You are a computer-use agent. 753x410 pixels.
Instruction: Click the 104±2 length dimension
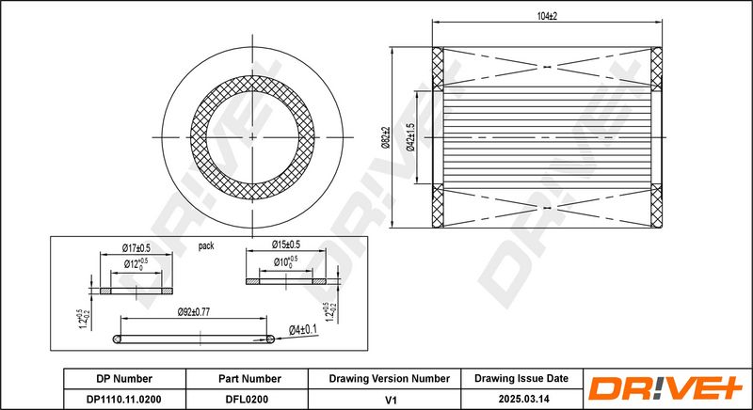click(x=547, y=16)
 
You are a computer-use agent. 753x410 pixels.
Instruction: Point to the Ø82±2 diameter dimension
click(x=385, y=137)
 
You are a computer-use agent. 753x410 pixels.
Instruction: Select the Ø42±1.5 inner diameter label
click(x=410, y=137)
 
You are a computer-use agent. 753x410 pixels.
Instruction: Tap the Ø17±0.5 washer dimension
click(x=136, y=248)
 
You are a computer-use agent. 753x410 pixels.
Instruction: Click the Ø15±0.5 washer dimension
click(x=285, y=244)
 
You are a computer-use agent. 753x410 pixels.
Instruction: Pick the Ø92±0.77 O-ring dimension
click(x=194, y=311)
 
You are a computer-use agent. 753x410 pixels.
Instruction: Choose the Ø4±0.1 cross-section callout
click(x=303, y=329)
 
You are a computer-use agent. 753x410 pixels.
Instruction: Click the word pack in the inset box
click(x=206, y=246)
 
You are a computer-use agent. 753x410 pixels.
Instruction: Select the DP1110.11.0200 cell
click(x=124, y=399)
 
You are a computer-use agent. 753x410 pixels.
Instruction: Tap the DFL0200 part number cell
click(x=247, y=399)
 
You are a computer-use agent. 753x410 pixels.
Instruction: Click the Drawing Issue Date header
click(x=521, y=378)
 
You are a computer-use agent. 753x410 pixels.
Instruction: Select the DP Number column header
click(x=124, y=379)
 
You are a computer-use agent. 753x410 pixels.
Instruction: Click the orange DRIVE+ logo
click(x=665, y=388)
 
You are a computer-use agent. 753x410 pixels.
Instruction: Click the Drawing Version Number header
click(x=389, y=379)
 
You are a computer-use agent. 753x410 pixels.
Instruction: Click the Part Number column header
click(x=249, y=379)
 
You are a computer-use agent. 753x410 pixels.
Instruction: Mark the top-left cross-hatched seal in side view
click(x=438, y=69)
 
